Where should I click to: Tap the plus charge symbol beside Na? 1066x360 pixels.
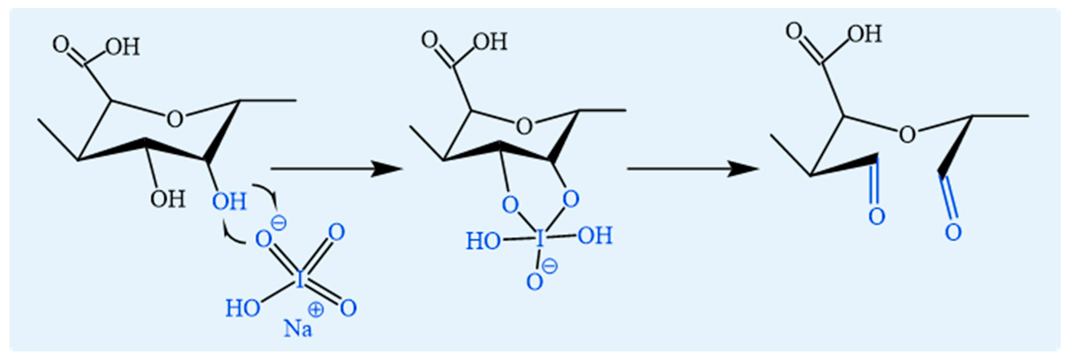click(x=316, y=310)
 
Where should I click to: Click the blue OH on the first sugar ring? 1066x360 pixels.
click(x=229, y=202)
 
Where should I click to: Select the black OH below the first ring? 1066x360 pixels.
click(x=167, y=199)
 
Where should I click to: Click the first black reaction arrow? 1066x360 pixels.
click(x=335, y=169)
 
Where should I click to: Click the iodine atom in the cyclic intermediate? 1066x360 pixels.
click(x=539, y=239)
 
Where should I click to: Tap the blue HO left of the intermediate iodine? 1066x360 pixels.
click(x=483, y=241)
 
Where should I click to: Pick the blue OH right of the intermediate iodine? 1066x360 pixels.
click(x=595, y=236)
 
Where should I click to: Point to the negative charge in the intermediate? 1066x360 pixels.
click(x=550, y=266)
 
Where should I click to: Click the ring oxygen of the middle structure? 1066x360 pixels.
click(x=524, y=126)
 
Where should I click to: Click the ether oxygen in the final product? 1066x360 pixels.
click(x=908, y=134)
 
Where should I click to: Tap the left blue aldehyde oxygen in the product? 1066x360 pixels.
click(x=876, y=216)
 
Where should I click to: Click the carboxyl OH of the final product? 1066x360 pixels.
click(x=865, y=34)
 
